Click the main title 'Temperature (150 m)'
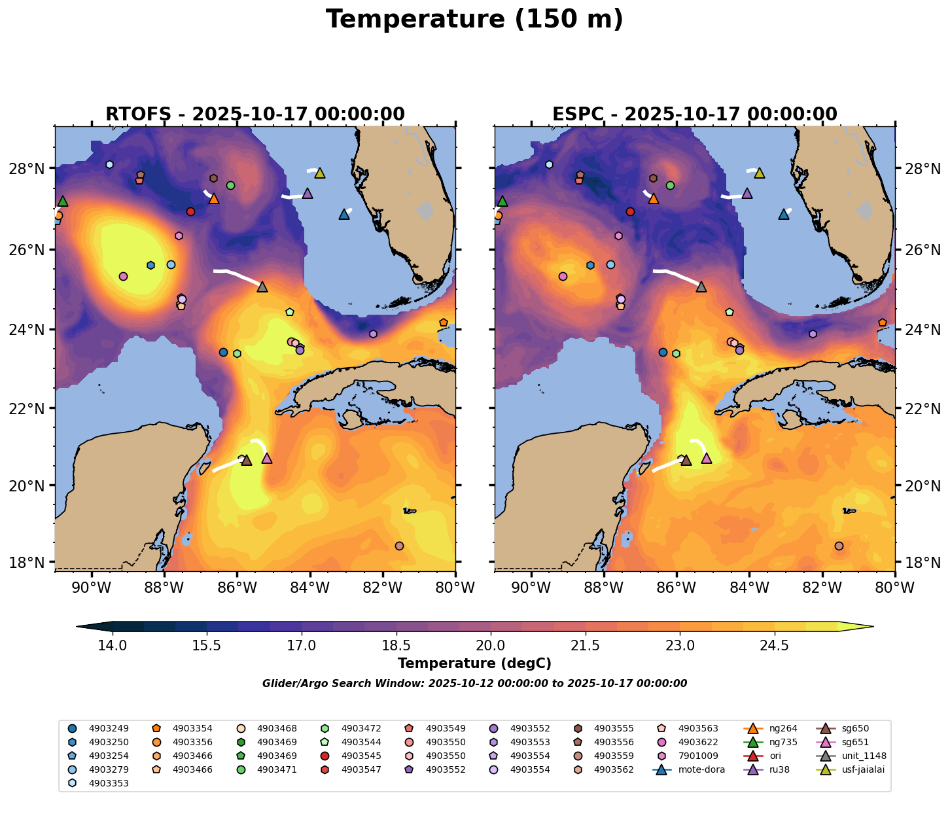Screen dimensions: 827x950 474,20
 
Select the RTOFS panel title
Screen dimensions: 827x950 255,114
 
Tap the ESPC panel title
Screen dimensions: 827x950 695,114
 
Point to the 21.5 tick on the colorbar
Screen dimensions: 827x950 586,646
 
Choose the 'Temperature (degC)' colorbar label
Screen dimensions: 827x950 474,663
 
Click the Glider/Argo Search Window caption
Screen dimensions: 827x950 474,684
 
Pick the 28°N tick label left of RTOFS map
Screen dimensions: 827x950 35,169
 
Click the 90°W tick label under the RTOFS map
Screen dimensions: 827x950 90,588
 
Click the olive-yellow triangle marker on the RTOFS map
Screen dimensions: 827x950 320,173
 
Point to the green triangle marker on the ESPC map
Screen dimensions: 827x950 502,202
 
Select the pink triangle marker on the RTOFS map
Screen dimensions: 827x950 266,459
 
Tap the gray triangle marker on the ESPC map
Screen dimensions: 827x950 701,287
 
